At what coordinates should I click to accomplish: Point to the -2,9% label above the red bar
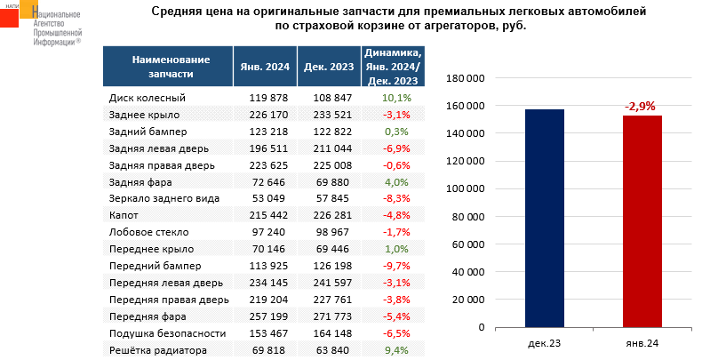point(640,107)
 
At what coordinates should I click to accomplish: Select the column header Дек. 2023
point(328,66)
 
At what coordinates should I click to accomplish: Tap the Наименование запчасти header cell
point(171,66)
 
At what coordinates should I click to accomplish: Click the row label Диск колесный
point(147,98)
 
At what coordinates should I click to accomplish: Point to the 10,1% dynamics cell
point(395,98)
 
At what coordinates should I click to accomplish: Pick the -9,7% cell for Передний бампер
point(395,267)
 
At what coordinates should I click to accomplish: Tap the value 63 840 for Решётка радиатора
point(328,351)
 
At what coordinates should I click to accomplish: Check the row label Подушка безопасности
point(164,334)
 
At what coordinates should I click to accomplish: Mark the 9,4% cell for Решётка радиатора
point(395,351)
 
